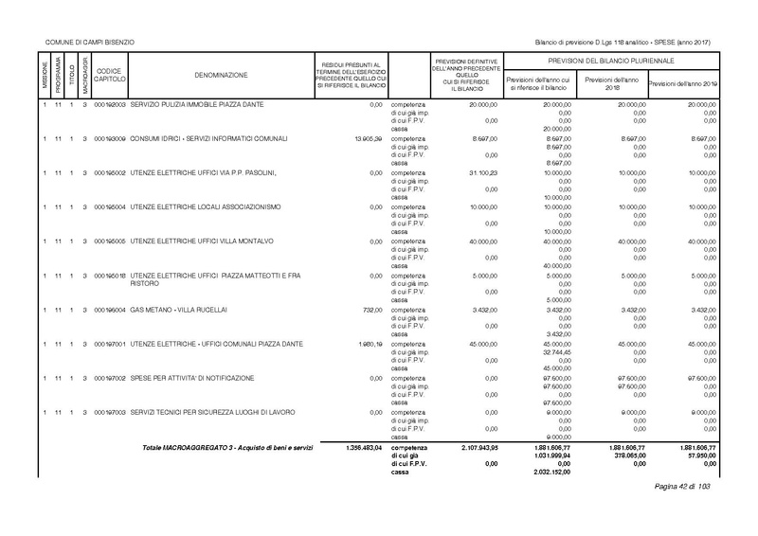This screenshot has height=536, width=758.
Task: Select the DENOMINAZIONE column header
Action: [x=222, y=74]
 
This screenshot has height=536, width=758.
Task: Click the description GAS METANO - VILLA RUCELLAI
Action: [x=179, y=310]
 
